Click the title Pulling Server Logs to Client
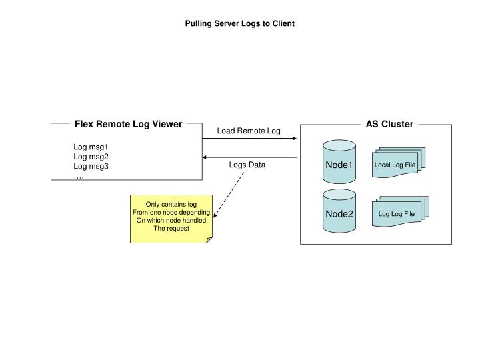click(x=239, y=23)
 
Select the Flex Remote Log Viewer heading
click(x=128, y=124)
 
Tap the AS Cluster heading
click(x=389, y=124)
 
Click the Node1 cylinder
click(x=339, y=163)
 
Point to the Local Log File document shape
click(x=396, y=165)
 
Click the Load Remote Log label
click(x=249, y=131)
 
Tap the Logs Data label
click(x=247, y=165)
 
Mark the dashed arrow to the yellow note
click(x=230, y=195)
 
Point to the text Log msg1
click(x=91, y=147)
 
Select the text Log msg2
click(x=91, y=157)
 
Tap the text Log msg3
click(x=91, y=166)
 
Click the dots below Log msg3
click(x=79, y=176)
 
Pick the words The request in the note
click(x=171, y=229)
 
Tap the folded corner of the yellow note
click(x=209, y=239)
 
